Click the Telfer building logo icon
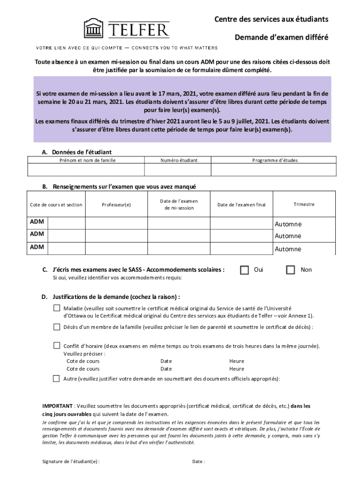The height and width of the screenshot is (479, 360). pos(94,28)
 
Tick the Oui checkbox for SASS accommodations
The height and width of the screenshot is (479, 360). pos(244,270)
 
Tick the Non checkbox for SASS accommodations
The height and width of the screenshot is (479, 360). pos(290,270)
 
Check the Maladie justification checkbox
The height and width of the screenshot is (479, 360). pos(57,308)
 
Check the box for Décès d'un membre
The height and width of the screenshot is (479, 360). pos(57,327)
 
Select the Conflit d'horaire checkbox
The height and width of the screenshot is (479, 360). pos(57,346)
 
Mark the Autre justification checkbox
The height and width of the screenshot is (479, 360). pos(57,378)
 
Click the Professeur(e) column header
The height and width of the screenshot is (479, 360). pos(116,204)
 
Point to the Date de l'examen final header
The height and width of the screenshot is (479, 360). pos(241,204)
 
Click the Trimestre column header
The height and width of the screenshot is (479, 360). pos(304,204)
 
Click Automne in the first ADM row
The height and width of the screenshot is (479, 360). pos(288,224)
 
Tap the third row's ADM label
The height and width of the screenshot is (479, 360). pos(37,247)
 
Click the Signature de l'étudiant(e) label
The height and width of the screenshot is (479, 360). pos(71,462)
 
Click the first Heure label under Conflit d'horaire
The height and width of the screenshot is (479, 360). pos(237,361)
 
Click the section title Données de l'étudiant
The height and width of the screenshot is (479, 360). pos(81,152)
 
